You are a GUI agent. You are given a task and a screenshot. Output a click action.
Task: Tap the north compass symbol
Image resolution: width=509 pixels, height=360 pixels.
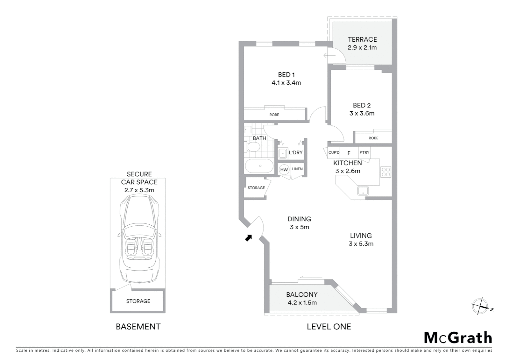point(480,306)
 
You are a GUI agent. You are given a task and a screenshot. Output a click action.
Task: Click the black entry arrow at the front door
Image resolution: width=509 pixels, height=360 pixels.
point(249,238)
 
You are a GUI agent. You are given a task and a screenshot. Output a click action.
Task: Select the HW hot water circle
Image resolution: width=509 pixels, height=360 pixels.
point(284,170)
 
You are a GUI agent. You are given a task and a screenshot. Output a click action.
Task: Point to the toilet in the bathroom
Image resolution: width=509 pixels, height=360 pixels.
point(253,147)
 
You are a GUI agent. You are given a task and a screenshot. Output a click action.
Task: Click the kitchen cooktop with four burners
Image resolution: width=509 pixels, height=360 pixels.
point(386,172)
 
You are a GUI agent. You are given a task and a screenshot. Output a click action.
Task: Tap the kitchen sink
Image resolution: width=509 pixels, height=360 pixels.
point(363,191)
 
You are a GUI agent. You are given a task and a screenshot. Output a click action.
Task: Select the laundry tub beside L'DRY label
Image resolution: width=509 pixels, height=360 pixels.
point(283,153)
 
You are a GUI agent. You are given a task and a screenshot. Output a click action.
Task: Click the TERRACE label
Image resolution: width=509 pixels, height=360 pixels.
point(362,39)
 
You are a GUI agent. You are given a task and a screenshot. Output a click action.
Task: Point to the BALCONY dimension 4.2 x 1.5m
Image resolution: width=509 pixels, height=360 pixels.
point(302,303)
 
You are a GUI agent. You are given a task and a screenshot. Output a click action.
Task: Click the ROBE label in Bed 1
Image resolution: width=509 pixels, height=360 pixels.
point(274,115)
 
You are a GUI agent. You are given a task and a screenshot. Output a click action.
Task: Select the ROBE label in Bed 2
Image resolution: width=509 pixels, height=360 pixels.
point(373,138)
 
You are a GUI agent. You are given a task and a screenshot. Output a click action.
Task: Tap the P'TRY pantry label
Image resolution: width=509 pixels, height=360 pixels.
point(364,153)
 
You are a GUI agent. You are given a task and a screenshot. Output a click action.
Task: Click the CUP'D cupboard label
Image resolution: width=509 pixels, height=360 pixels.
point(334,153)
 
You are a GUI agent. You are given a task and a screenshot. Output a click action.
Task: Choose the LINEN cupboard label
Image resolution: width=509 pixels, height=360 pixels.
point(297,169)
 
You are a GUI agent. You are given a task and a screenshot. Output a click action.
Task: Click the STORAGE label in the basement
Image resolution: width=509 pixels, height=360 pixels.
point(138,301)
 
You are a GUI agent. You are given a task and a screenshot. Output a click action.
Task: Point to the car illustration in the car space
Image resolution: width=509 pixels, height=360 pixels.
point(139,238)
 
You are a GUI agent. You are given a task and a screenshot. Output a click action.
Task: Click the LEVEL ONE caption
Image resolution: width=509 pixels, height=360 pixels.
point(329,327)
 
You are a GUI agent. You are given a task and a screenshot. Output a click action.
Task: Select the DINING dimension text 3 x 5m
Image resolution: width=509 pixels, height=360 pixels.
point(299,227)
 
